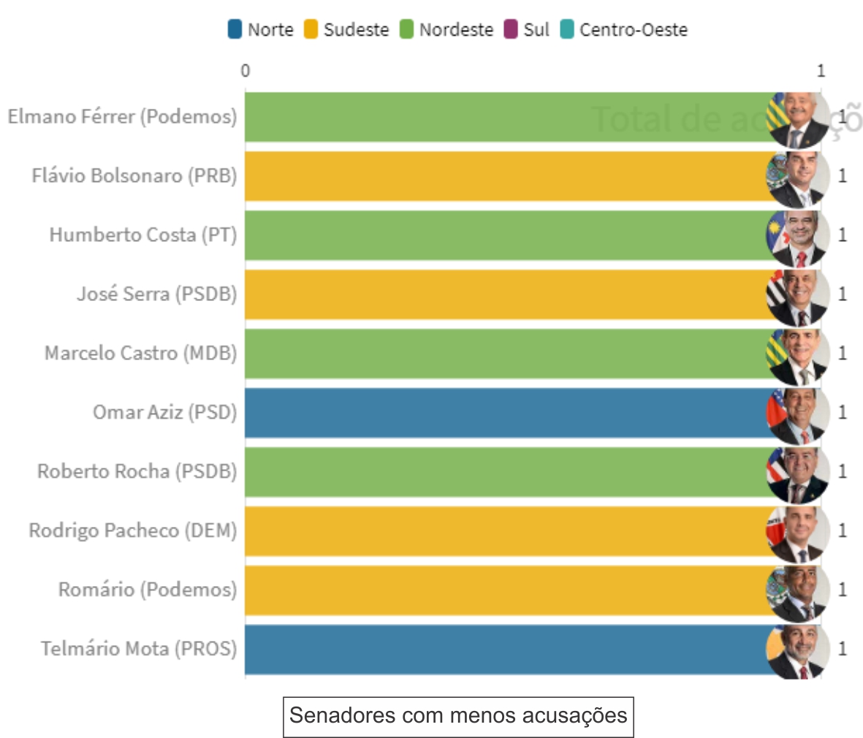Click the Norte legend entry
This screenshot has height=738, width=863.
pyautogui.click(x=261, y=30)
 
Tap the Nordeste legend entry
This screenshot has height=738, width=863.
pyautogui.click(x=446, y=30)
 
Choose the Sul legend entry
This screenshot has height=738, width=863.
pyautogui.click(x=527, y=30)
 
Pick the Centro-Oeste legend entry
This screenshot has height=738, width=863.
pyautogui.click(x=624, y=30)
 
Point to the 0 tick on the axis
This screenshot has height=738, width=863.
pyautogui.click(x=245, y=71)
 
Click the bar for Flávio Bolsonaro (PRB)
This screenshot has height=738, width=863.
pyautogui.click(x=504, y=176)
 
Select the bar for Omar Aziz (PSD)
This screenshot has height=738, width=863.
pyautogui.click(x=504, y=413)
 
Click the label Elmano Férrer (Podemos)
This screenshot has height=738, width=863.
pyautogui.click(x=122, y=117)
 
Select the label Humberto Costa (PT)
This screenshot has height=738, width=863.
pyautogui.click(x=143, y=235)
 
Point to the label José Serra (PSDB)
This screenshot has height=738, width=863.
pyautogui.click(x=157, y=294)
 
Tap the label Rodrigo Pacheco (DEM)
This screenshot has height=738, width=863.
pyautogui.click(x=133, y=531)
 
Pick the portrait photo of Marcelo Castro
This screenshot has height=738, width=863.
pyautogui.click(x=798, y=354)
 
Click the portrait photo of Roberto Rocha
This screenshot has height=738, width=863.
pyautogui.click(x=798, y=472)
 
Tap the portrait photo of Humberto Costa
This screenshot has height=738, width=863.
pyautogui.click(x=798, y=235)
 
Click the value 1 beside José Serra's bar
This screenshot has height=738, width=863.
pyautogui.click(x=843, y=294)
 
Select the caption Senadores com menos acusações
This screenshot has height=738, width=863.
pyautogui.click(x=458, y=715)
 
